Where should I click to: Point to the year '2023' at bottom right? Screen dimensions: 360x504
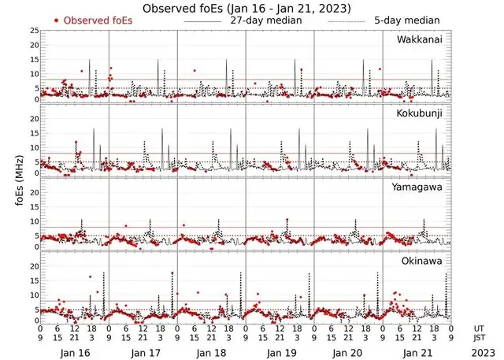click(482, 354)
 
